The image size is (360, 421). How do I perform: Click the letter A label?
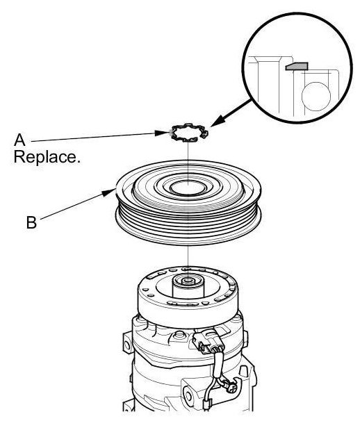19,140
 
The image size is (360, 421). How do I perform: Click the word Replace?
47,157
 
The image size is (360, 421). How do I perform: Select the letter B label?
31,222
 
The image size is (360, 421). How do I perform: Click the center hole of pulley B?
188,187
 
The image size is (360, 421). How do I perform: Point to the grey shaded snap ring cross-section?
297,66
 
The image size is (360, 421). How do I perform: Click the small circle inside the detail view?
316,97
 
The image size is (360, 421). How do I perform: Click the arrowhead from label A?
163,133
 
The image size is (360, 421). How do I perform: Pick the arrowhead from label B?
110,192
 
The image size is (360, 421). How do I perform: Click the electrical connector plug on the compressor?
208,344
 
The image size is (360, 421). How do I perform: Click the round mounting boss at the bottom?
189,396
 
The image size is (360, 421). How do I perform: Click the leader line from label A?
93,137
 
